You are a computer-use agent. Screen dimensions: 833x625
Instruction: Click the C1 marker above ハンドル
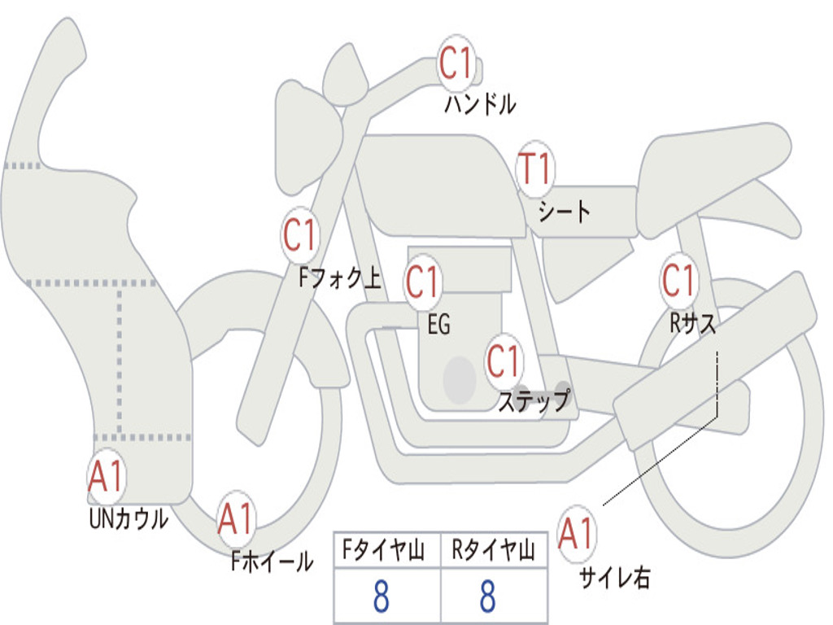456,63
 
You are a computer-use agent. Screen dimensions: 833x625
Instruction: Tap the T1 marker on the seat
535,169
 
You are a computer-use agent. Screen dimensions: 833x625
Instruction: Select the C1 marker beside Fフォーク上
300,234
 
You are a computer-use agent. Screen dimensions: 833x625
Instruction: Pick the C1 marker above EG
422,282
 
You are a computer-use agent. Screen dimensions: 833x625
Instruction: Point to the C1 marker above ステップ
504,361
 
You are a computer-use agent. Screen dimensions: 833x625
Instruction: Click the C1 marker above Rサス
678,280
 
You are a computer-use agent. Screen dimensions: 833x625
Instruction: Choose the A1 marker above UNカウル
107,476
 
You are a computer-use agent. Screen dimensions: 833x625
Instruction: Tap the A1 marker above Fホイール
236,518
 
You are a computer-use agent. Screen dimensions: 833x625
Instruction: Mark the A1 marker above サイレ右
576,534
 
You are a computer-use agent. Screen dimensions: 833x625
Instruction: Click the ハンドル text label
480,104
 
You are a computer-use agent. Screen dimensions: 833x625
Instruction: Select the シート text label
564,211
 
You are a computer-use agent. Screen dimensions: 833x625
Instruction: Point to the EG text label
438,324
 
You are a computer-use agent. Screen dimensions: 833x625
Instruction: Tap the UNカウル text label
129,518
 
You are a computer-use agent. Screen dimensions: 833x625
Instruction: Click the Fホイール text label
272,562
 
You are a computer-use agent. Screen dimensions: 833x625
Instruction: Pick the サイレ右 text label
615,578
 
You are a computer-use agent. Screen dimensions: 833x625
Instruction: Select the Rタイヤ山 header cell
495,549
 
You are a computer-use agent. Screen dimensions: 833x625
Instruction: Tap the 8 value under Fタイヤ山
382,596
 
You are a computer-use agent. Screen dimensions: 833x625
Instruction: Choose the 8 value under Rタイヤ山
488,596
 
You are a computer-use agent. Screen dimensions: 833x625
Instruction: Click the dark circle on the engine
460,379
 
